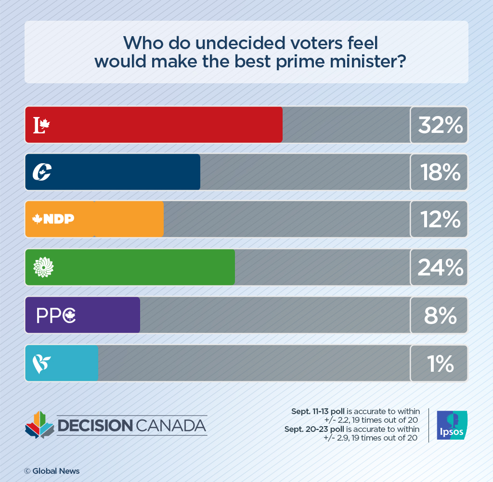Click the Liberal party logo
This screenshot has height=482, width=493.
tap(41, 125)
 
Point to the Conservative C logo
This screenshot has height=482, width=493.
tap(42, 172)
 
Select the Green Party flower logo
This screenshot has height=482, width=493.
tap(43, 267)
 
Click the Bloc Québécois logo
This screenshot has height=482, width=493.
tap(41, 364)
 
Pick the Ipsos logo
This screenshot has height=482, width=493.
tap(451, 425)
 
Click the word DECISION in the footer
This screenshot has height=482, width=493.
tap(94, 426)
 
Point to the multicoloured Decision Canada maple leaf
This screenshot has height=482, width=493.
tap(39, 424)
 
